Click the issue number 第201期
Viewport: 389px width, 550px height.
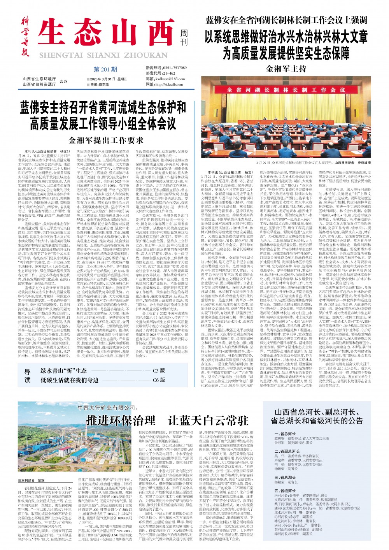[x=105, y=70]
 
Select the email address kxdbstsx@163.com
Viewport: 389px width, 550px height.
[x=165, y=79]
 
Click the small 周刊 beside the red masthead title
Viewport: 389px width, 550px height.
[x=184, y=38]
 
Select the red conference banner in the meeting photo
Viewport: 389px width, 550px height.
[x=286, y=90]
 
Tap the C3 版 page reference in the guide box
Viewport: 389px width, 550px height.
[x=159, y=371]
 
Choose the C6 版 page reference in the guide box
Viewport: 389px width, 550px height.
[x=159, y=380]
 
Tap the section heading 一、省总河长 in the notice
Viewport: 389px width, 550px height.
[x=285, y=433]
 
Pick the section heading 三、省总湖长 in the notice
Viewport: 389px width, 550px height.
[x=285, y=477]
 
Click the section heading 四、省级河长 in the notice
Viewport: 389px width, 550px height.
[x=285, y=491]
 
